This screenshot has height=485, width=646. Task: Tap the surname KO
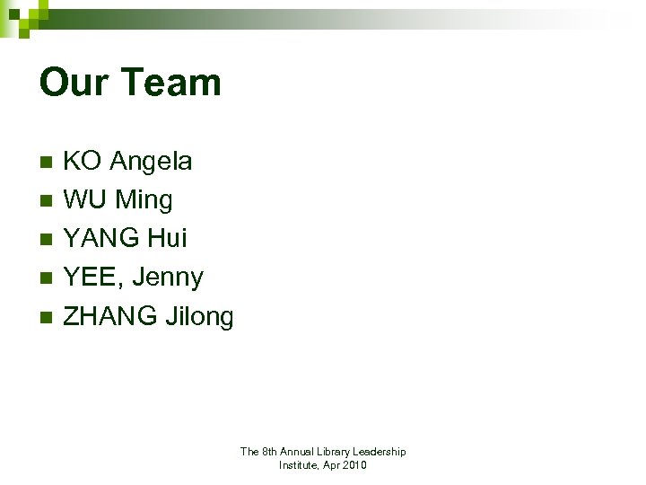[x=82, y=162]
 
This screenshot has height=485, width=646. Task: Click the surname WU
[x=85, y=200]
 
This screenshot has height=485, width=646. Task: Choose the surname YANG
[x=100, y=239]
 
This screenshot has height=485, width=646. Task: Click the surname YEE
[x=92, y=278]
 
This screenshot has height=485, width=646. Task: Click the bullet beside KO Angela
[x=46, y=163]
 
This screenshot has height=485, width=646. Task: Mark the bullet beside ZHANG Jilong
[x=46, y=317]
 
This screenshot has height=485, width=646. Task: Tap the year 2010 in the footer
[x=353, y=465]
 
